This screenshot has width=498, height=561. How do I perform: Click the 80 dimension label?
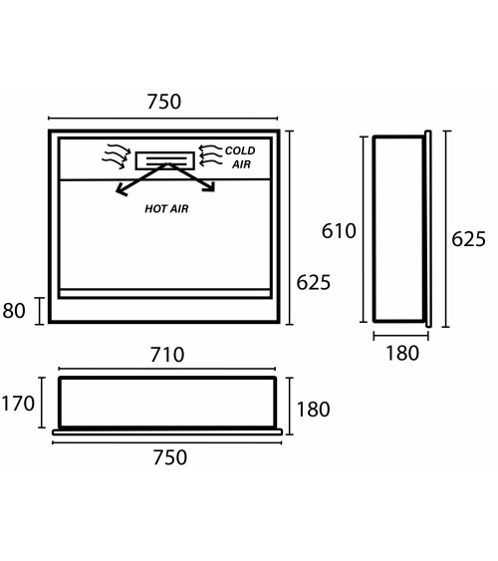pos(14,311)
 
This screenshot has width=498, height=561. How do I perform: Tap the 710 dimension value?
pos(167,355)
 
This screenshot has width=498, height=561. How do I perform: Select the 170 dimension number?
pos(18,404)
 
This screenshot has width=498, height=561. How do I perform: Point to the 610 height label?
pos(339,231)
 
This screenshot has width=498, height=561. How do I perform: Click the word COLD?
pos(240,150)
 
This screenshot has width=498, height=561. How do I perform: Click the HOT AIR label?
pos(166,209)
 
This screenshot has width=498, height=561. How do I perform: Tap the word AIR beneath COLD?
pos(242,164)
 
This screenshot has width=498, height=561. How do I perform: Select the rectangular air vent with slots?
pos(165,160)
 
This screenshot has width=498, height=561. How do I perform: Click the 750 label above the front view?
pos(164,102)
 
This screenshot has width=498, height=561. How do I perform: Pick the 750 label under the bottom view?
pos(170,457)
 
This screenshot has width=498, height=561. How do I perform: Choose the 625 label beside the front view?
pos(314,283)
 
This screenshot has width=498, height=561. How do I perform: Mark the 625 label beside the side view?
pos(468,239)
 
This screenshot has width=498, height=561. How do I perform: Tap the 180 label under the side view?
pos(402,354)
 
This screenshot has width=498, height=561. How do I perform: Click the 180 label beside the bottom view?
pos(313,410)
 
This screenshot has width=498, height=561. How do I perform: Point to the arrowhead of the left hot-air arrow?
pos(121,190)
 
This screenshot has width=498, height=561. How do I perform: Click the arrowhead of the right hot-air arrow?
pos(210,186)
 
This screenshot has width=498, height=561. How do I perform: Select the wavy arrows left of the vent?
pos(116,156)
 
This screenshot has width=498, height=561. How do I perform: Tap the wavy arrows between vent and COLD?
pos(210,155)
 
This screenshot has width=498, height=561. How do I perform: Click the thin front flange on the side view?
pos(428,229)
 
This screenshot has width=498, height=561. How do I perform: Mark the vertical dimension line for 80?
pos(39,311)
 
